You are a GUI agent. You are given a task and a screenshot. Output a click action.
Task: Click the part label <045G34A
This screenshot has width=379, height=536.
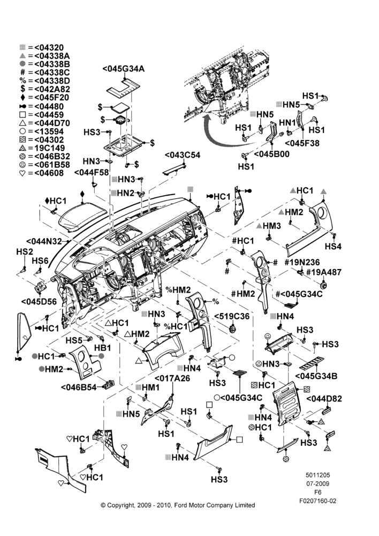(x=123, y=69)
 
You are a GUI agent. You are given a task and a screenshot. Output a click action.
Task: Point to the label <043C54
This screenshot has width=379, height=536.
(x=183, y=155)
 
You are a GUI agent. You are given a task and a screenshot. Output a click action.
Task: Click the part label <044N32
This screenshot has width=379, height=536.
(x=44, y=241)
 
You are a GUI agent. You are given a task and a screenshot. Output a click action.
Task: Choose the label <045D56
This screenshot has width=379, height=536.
(x=39, y=301)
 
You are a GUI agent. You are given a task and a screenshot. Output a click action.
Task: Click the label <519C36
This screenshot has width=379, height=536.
(x=232, y=317)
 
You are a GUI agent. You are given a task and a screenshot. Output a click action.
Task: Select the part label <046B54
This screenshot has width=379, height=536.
(x=79, y=387)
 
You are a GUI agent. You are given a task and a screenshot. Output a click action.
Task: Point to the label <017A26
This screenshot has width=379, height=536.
(x=172, y=378)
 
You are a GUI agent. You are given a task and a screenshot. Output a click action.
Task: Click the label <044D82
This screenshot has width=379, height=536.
(x=324, y=399)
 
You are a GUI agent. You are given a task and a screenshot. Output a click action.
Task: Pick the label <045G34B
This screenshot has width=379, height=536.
(x=316, y=376)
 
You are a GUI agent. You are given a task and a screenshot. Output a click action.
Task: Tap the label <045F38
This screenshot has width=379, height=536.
(x=302, y=143)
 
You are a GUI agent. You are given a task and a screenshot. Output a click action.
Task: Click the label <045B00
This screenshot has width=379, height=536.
(x=272, y=154)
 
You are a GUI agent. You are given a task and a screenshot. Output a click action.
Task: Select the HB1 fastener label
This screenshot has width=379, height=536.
(x=102, y=348)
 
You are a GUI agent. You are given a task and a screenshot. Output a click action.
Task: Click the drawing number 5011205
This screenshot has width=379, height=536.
(x=317, y=475)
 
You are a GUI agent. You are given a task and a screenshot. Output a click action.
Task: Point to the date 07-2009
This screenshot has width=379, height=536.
(x=317, y=483)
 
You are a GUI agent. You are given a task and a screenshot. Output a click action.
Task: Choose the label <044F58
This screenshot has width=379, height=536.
(x=92, y=173)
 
